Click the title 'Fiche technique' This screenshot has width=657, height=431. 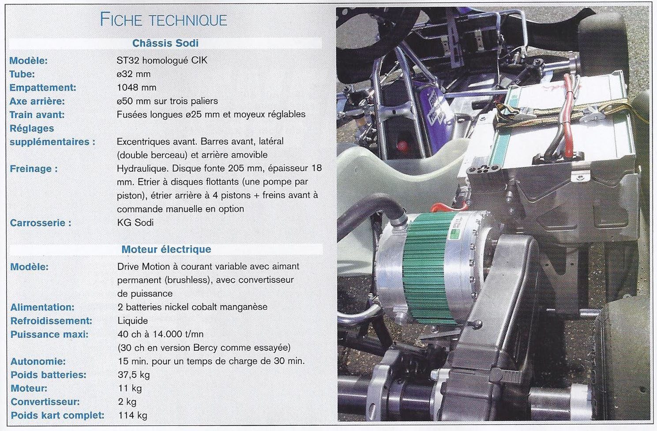(x=163, y=20)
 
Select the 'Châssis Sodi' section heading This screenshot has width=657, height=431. (x=165, y=43)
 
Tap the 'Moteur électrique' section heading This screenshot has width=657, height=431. (x=166, y=249)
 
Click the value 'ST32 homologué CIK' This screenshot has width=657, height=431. (x=162, y=60)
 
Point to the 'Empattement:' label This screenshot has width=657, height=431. (x=43, y=88)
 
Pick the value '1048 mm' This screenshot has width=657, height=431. (x=136, y=87)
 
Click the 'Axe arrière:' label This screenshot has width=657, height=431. (x=37, y=101)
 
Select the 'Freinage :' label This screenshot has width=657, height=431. (x=34, y=169)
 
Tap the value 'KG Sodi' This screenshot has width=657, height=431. (x=135, y=222)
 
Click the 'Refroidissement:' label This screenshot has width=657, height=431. (x=51, y=321)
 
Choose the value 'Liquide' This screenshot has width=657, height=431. (x=132, y=321)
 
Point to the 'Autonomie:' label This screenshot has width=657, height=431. (x=38, y=361)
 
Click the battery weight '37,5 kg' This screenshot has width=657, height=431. (x=134, y=375)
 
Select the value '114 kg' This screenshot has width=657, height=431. (x=132, y=416)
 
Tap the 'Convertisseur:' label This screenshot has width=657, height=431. (x=45, y=402)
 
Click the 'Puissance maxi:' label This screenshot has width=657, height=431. (x=49, y=334)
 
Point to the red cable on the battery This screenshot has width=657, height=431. (x=567, y=117)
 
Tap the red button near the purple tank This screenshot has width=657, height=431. (x=402, y=146)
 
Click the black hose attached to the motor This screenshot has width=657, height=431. (x=370, y=211)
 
